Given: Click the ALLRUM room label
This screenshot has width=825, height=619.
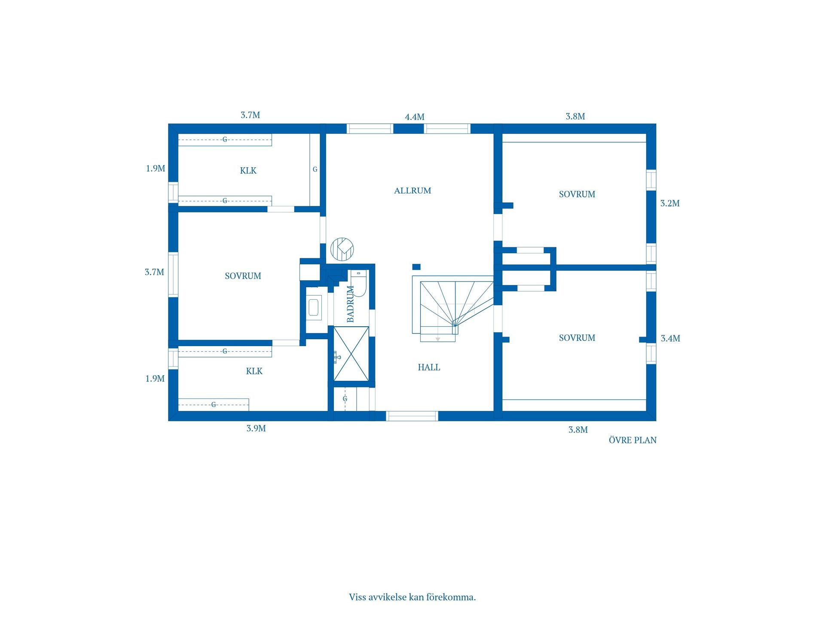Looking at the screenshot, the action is click(412, 190).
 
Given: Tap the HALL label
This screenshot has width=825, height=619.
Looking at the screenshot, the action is click(429, 367).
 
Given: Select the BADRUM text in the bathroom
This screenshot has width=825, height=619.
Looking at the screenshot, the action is click(351, 304).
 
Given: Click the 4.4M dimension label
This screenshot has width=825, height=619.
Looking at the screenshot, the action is click(415, 117).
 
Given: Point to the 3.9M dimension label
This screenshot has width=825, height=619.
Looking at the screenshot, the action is click(256, 428).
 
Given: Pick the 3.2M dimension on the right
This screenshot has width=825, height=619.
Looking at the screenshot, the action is click(670, 203).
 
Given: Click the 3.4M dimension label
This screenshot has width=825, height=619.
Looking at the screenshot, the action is click(670, 338).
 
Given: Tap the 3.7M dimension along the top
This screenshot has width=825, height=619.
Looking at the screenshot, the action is click(250, 115).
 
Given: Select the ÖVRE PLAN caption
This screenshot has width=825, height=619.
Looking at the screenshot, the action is click(632, 440).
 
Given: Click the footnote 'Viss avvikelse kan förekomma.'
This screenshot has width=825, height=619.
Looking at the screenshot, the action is click(412, 597).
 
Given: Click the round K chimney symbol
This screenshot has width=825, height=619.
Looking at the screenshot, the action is click(342, 249).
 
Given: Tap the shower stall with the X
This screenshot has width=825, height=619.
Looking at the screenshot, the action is click(351, 354).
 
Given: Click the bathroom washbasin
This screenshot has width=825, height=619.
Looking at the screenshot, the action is click(314, 307).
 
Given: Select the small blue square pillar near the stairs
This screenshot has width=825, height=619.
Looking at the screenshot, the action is click(416, 267).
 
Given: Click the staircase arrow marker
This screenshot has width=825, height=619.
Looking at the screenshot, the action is click(438, 339).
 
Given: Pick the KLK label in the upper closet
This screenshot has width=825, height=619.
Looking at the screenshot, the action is click(248, 171).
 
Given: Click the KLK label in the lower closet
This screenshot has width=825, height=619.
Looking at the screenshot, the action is click(254, 371).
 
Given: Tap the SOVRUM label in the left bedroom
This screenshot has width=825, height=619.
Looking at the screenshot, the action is click(243, 276).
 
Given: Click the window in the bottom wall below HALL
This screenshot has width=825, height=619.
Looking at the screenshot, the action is click(412, 416).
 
